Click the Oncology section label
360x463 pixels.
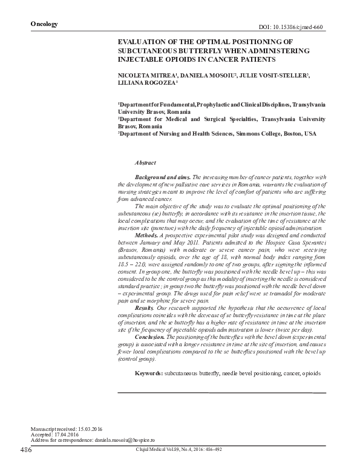click(44, 24)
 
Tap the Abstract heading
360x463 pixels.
click(145, 163)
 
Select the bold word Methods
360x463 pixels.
click(148, 234)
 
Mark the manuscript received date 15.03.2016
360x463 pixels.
click(85, 429)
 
